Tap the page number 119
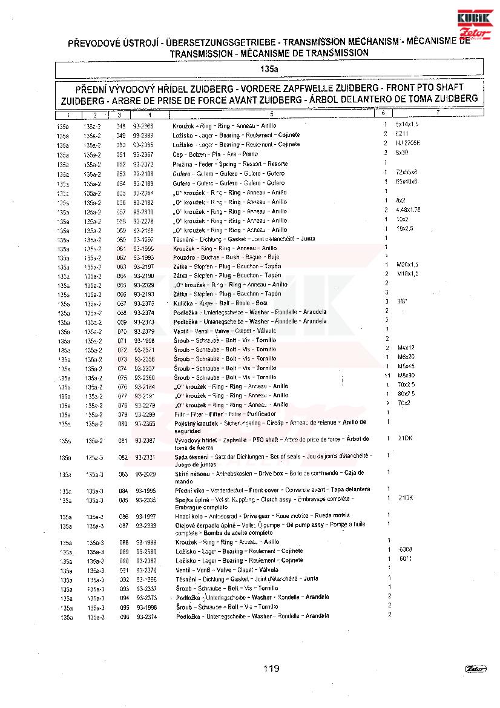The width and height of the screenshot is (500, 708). point(271,669)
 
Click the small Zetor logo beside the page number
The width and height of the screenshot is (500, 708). point(475,668)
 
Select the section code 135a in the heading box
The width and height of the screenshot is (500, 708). point(269,69)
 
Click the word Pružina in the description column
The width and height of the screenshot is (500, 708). point(184,164)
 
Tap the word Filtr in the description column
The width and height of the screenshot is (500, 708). point(179,414)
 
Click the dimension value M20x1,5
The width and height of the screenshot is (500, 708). point(408,265)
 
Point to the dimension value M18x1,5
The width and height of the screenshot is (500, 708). point(408,274)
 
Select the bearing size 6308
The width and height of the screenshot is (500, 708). point(406,549)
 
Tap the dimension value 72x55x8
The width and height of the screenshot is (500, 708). point(407,173)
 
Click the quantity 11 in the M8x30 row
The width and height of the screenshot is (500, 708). point(386,376)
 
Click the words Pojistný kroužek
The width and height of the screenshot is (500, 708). point(194,422)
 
